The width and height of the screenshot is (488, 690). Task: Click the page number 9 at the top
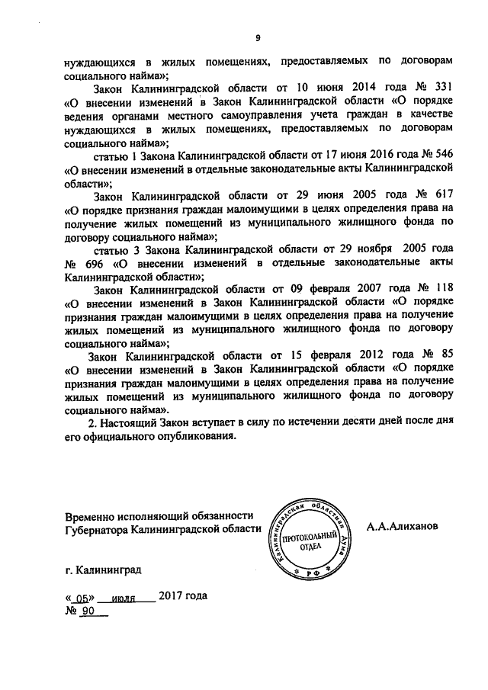[258, 39]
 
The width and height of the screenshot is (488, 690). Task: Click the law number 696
[103, 264]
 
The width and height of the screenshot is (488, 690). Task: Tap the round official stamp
[315, 533]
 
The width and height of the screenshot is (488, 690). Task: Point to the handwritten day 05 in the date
[79, 598]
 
